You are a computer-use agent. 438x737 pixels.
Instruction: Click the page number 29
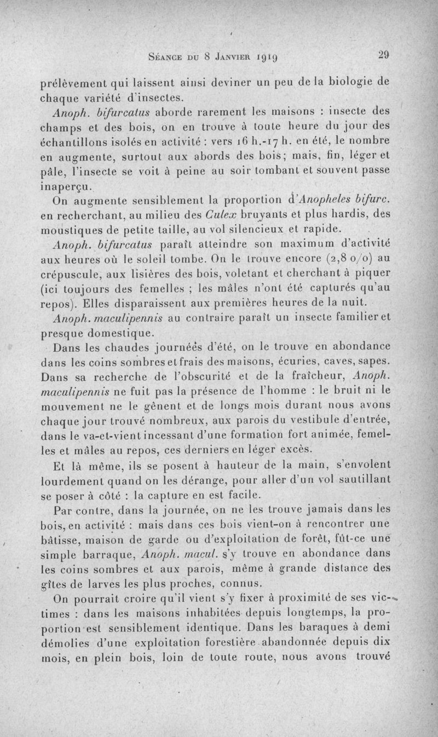[x=383, y=54]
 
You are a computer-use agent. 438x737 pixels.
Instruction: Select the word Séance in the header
[x=165, y=55]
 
